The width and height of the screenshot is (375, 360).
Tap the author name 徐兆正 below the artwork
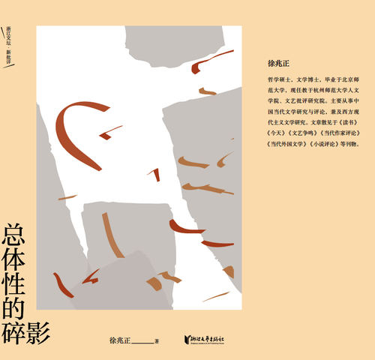(x=121, y=340)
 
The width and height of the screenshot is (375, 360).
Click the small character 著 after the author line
(x=157, y=340)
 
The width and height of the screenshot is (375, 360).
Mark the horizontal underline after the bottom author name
(x=142, y=343)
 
